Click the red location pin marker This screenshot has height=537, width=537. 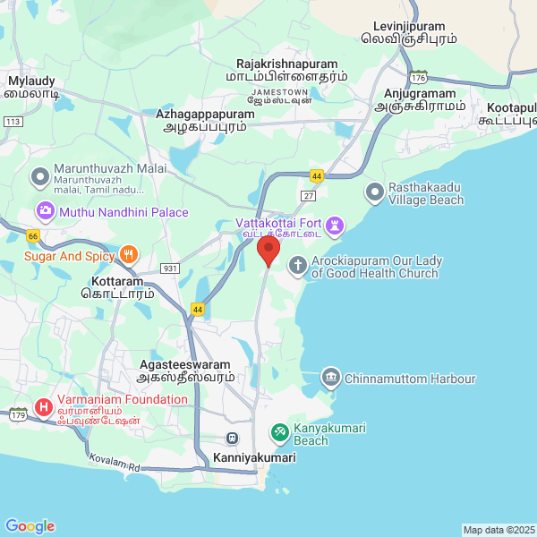268,250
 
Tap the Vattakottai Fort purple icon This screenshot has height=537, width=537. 334,223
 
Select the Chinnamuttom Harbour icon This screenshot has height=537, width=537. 331,379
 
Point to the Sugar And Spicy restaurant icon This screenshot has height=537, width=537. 130,255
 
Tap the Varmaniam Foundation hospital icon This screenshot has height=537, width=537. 42,408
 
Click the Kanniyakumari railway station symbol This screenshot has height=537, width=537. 233,439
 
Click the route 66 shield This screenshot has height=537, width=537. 33,235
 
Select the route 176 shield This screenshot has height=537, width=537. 419,78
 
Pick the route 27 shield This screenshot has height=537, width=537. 309,195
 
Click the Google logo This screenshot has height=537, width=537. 30,526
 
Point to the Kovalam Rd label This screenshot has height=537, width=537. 115,464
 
